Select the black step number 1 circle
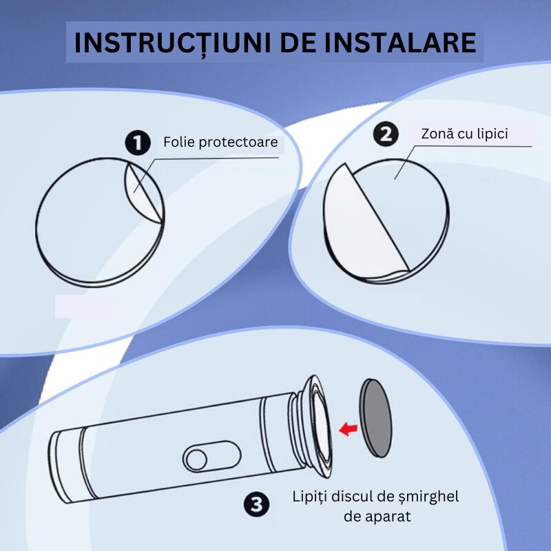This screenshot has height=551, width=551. point(138,143)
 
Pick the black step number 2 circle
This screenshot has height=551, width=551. point(386,134)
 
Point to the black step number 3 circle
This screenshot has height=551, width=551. point(256,504)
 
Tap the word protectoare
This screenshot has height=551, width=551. point(238,143)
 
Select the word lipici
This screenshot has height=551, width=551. point(491,134)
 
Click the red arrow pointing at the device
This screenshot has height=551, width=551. point(348,429)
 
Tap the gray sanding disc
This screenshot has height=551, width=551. point(375,418)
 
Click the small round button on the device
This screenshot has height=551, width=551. point(196,459)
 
